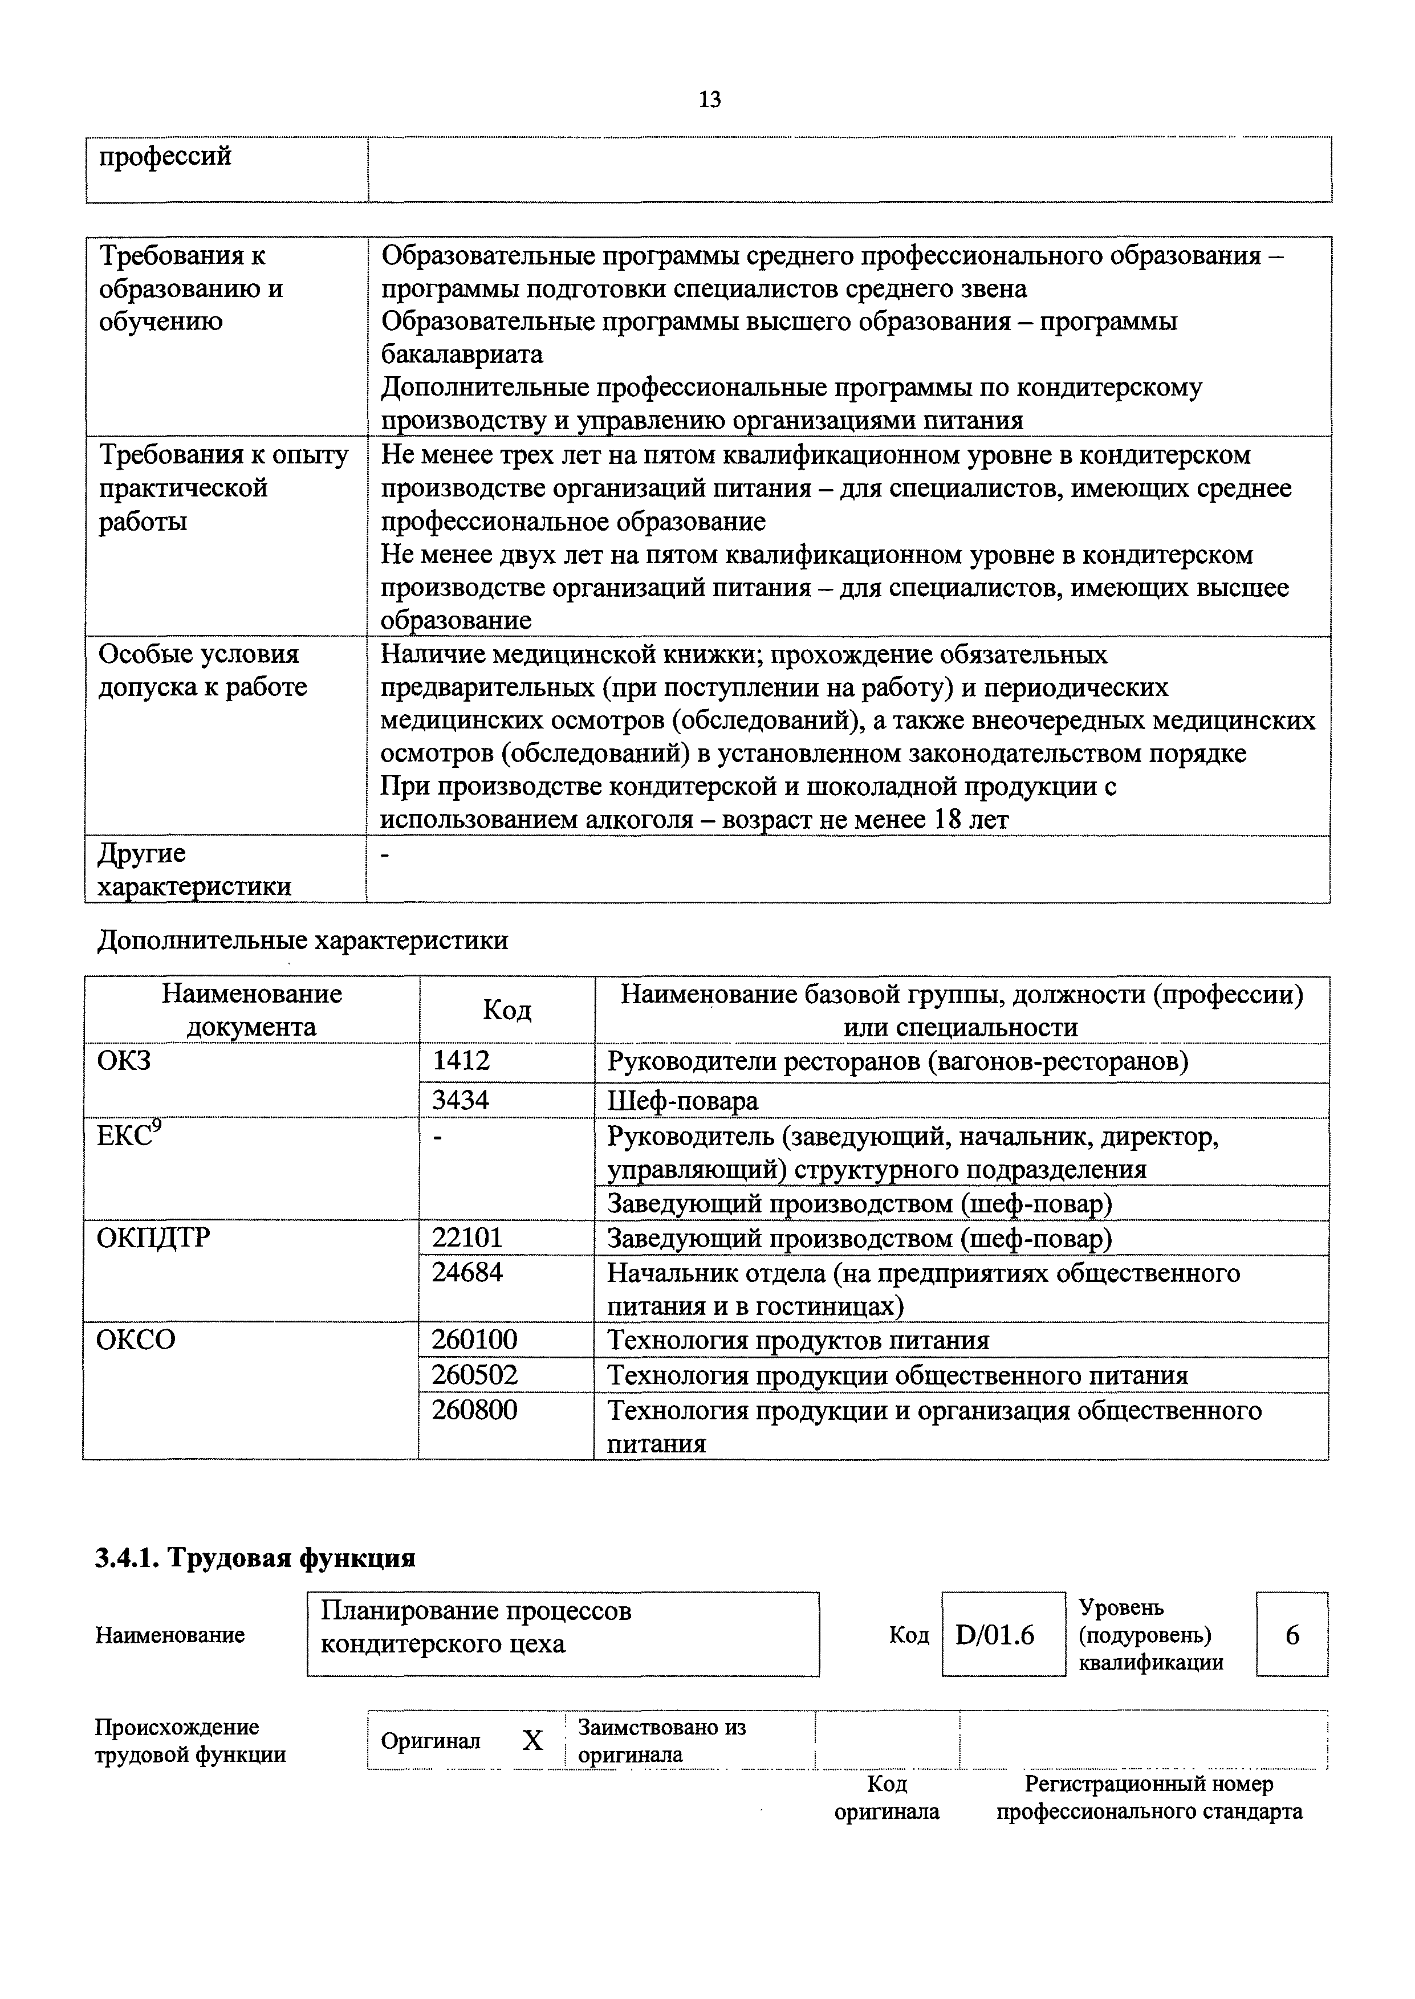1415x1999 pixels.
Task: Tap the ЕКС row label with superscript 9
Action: click(129, 1136)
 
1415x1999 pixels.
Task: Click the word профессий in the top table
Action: click(165, 157)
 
